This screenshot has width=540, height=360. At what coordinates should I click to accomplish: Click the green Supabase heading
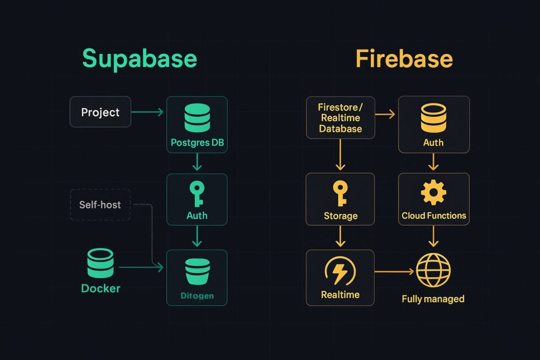139,58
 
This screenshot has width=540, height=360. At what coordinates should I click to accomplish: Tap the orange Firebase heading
404,58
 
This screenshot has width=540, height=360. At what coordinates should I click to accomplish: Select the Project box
100,112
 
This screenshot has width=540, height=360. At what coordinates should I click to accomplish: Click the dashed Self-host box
100,205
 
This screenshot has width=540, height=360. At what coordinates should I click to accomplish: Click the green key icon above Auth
196,194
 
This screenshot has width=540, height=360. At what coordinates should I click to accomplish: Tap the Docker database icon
100,263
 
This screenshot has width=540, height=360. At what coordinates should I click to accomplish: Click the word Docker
100,288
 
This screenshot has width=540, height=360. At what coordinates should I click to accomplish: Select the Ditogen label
197,296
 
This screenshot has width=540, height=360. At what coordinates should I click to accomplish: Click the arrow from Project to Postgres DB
148,112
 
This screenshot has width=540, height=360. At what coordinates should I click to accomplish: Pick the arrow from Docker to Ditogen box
141,267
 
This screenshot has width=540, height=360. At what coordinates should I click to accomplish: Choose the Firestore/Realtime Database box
340,117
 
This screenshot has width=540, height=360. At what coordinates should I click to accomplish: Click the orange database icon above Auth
433,118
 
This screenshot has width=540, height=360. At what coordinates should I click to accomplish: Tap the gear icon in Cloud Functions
433,192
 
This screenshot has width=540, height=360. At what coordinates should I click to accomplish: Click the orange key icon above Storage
340,194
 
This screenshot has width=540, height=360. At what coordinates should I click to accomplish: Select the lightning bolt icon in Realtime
340,271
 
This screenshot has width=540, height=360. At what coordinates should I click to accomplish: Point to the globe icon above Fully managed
433,271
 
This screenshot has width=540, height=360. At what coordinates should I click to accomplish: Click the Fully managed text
433,299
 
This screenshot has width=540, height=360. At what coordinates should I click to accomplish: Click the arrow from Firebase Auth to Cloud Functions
433,162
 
